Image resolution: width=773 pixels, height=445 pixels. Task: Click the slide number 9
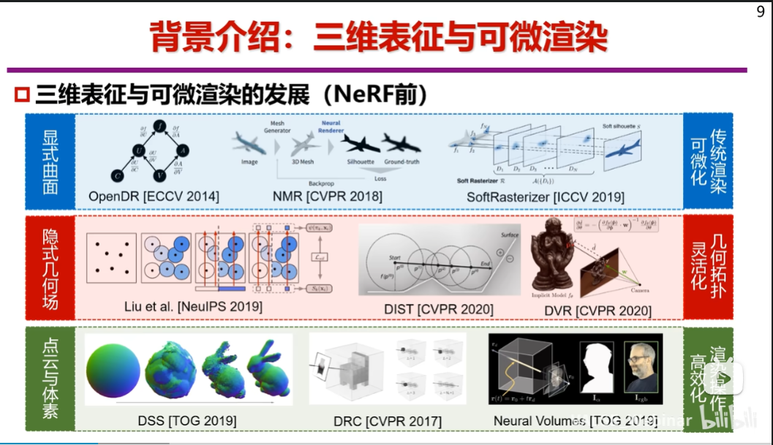point(761,11)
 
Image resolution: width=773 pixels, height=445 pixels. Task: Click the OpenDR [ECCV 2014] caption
point(154,197)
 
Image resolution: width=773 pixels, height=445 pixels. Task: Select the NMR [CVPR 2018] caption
point(327,197)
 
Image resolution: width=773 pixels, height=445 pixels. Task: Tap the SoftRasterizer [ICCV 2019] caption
point(546,197)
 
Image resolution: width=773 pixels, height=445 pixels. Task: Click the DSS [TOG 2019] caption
point(186,421)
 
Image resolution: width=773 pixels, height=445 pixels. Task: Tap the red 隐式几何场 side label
point(50,267)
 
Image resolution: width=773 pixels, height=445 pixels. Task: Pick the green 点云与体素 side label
point(50,378)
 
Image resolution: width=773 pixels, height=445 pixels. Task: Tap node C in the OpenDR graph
point(117,175)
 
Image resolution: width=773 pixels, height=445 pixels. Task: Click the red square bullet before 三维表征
point(21,95)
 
